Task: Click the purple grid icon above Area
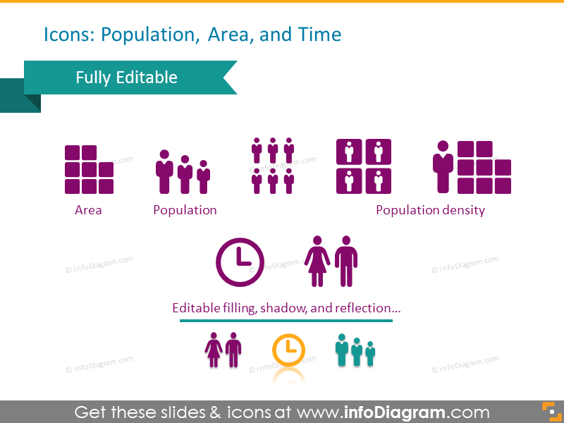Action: (x=89, y=170)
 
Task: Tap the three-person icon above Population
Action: (x=183, y=172)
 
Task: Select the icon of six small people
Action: (x=272, y=166)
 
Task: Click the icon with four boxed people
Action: (x=364, y=166)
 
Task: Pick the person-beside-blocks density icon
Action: (x=472, y=167)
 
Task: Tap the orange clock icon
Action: (x=288, y=350)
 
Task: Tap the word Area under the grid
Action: (x=88, y=210)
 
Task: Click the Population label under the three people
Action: (x=185, y=210)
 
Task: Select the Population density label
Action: (x=430, y=210)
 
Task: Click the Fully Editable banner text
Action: (x=127, y=78)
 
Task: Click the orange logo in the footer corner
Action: (x=548, y=411)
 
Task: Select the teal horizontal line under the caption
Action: (x=286, y=321)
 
